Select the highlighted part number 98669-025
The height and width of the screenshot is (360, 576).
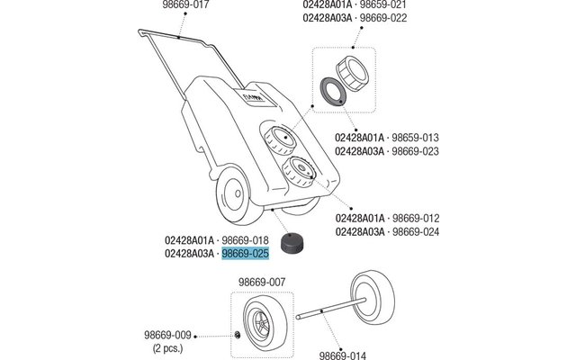point(246,254)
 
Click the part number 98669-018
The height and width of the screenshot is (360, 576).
point(246,240)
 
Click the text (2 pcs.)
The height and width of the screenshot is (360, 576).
point(167,346)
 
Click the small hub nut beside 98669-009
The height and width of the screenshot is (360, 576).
point(235,335)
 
